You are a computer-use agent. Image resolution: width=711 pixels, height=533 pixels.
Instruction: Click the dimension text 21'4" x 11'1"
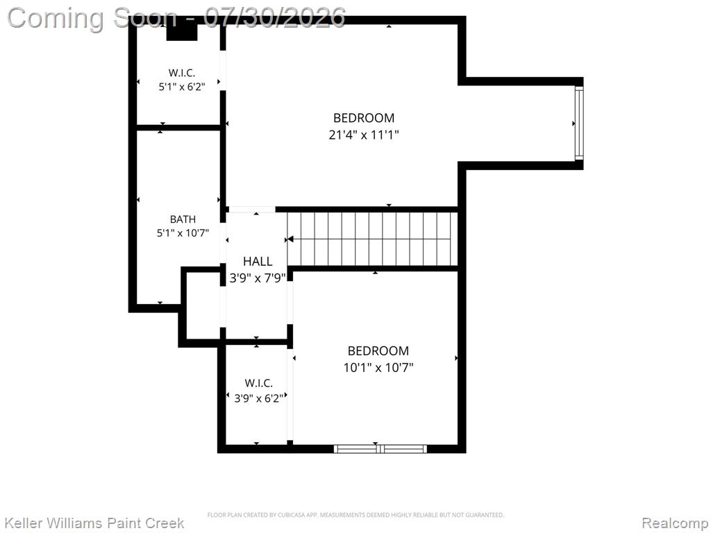364,135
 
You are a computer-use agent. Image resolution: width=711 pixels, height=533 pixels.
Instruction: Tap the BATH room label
183,219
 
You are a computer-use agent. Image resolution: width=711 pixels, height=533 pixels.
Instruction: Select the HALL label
258,261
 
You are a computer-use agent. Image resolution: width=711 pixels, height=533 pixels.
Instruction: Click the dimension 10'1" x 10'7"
378,367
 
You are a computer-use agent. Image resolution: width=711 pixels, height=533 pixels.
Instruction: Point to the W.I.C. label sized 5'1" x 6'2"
182,72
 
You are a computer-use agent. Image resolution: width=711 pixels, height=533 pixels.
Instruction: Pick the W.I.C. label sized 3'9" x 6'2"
258,383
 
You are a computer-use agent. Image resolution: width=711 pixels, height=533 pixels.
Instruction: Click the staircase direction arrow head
290,239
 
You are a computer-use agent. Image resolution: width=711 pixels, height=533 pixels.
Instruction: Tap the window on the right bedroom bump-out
579,123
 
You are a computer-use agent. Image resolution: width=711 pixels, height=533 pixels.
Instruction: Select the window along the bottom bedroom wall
380,449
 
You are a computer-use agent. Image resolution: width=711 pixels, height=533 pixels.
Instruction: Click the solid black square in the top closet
182,32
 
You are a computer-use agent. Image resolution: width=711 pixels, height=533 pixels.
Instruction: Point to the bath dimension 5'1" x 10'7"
183,233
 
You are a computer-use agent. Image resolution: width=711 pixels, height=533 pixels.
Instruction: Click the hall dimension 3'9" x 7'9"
258,278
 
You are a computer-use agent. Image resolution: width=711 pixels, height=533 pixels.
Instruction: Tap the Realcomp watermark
675,523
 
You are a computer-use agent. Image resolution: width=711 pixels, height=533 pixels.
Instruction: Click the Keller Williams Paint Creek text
94,523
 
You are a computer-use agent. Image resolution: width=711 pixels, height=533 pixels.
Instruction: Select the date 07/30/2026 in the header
274,17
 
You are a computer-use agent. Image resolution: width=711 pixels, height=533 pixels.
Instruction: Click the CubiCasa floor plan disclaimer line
355,515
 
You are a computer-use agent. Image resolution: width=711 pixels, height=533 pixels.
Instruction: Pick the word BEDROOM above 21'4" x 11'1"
364,118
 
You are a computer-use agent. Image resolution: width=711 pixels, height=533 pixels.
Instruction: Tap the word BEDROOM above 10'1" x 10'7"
378,350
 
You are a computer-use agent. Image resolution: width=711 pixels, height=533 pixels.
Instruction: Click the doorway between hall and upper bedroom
251,210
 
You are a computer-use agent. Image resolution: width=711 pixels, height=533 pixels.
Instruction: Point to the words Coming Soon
92,18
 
